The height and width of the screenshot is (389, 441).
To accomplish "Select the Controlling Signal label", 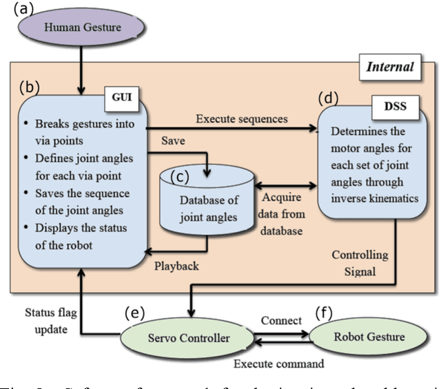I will point(360,262).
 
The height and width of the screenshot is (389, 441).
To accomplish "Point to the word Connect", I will point(281,321).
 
